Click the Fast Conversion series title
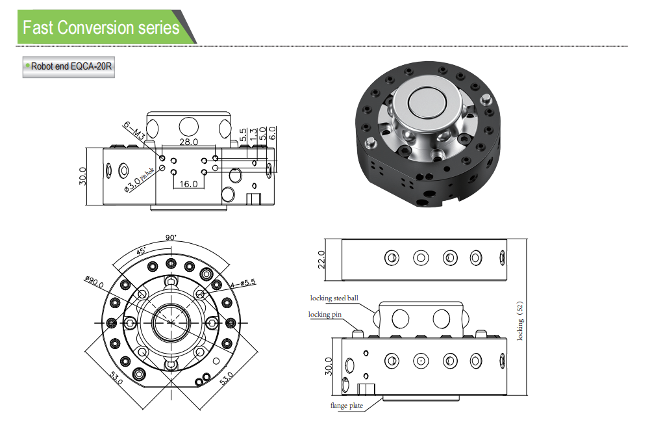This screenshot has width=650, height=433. click(101, 28)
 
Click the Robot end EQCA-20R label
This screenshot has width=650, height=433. click(69, 66)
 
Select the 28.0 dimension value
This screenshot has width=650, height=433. click(188, 142)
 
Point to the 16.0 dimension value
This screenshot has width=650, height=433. click(188, 184)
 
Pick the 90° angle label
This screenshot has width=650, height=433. click(171, 238)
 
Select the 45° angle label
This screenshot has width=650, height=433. click(141, 251)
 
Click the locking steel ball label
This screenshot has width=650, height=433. click(334, 298)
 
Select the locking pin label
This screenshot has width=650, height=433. click(328, 315)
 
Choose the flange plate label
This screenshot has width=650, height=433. click(346, 406)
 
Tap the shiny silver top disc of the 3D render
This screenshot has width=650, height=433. click(427, 104)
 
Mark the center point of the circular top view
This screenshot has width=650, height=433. click(171, 322)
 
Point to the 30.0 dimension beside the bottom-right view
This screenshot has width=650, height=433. click(328, 367)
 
